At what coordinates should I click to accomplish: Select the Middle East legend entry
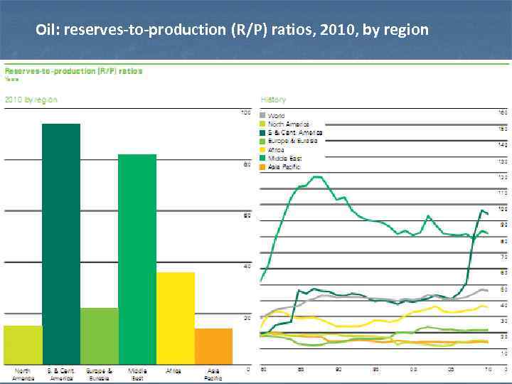pos(284,158)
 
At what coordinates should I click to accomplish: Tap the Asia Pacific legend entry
pos(284,166)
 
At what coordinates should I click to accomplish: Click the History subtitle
pos(274,100)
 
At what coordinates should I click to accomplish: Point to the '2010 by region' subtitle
pos(31,100)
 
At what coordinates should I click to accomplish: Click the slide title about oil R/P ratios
pos(232,30)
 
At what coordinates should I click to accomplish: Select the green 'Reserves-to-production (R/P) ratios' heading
pos(74,70)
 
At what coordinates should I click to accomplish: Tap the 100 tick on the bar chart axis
pos(245,112)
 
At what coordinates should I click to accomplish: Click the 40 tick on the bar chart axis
pos(246,266)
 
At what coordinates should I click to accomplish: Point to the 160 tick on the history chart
pos(502,112)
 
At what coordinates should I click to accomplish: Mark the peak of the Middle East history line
pos(316,176)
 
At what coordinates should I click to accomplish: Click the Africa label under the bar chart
pos(174,370)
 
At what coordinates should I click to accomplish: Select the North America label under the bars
pos(23,374)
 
